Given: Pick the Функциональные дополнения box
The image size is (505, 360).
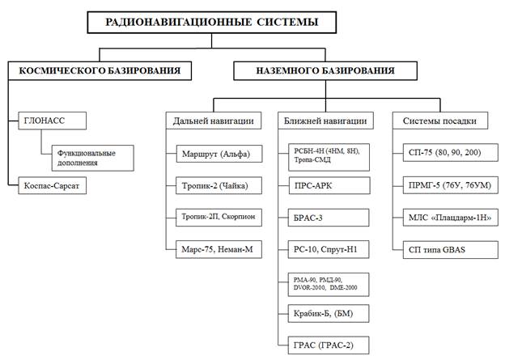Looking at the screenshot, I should point(87,156).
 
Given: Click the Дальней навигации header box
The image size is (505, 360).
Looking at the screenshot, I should point(214,121).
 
